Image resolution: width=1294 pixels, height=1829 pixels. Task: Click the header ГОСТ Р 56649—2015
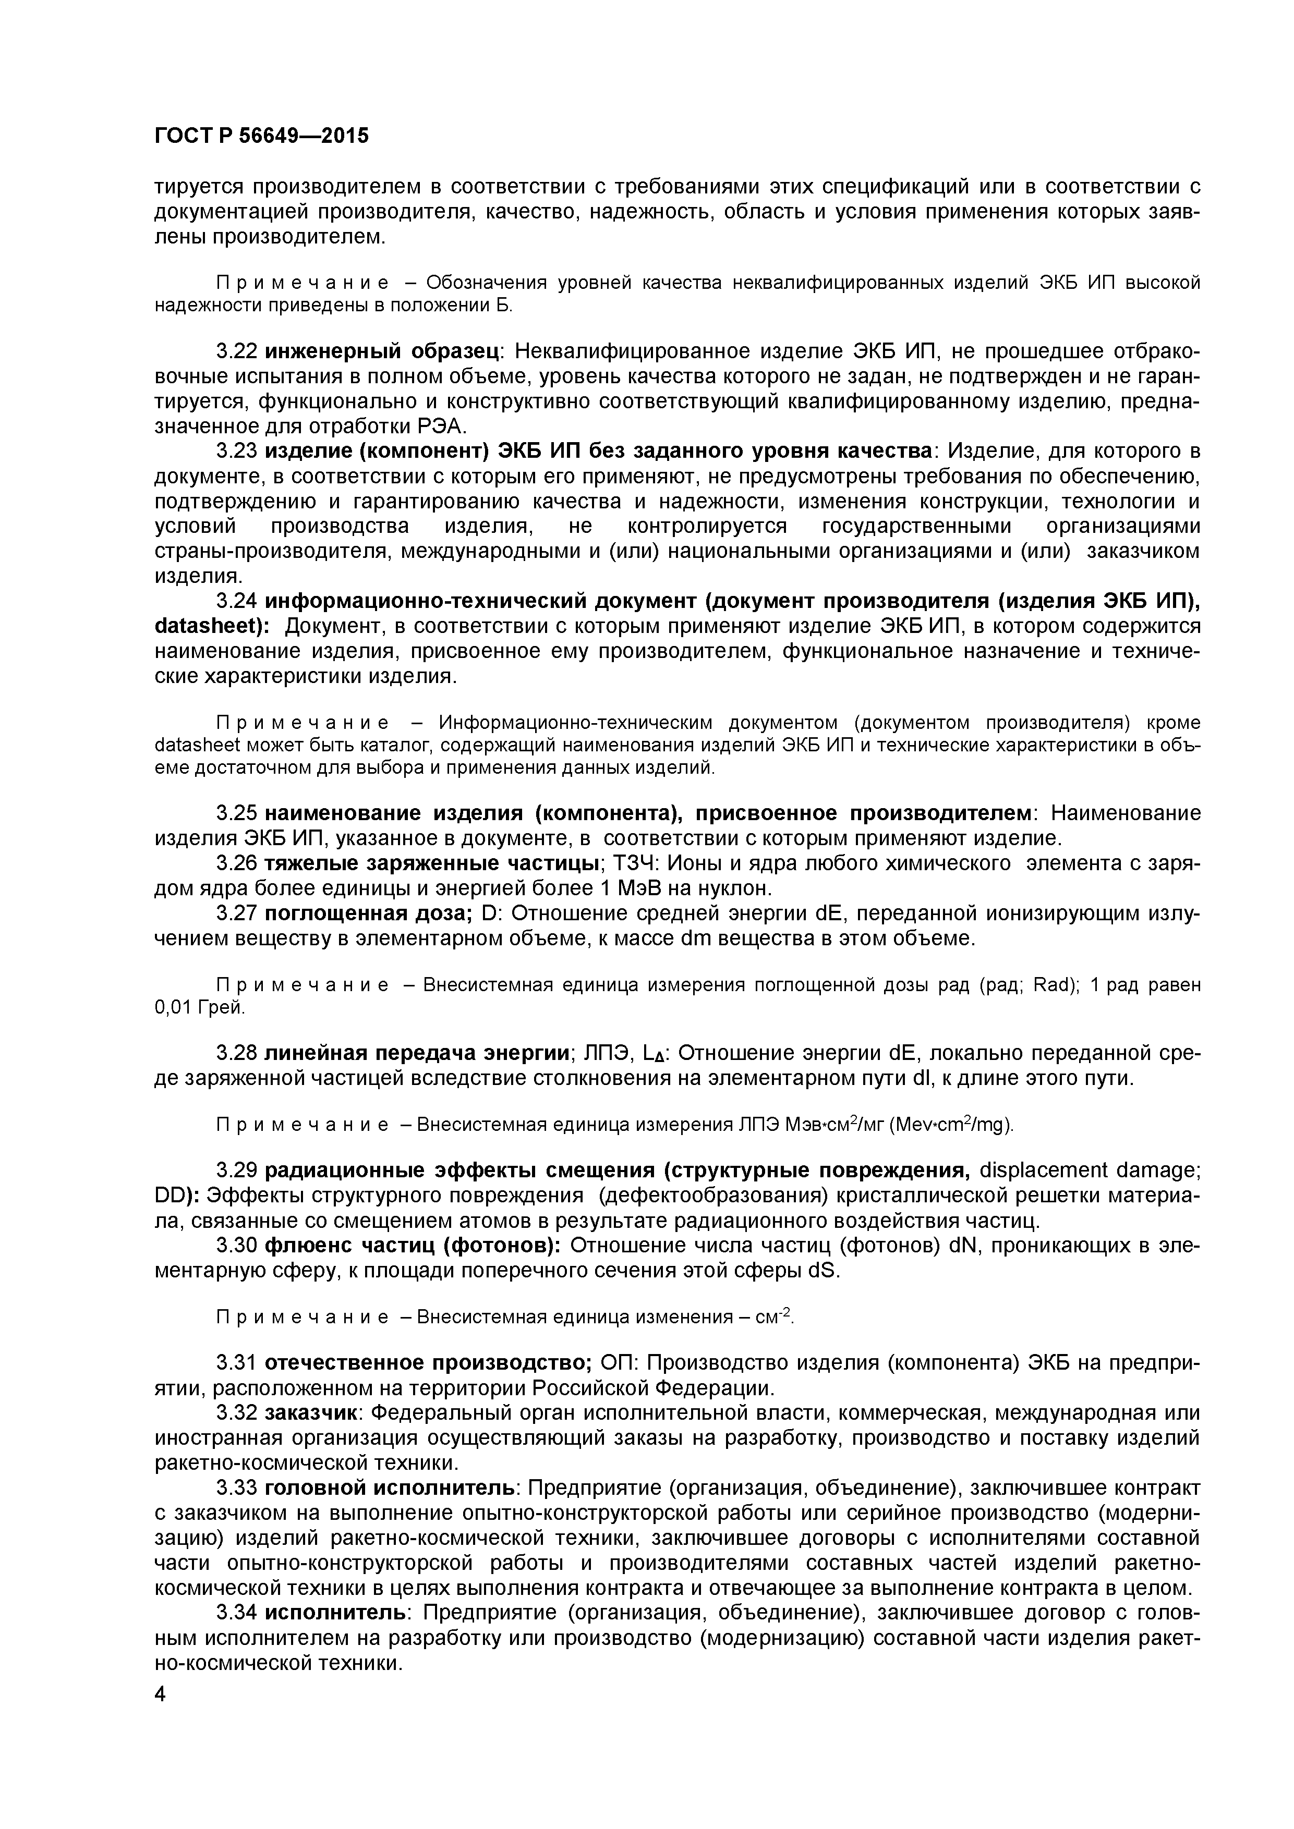click(x=261, y=136)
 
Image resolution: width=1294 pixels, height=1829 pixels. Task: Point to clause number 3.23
click(x=236, y=451)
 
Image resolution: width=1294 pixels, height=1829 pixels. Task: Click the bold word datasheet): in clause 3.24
click(x=212, y=626)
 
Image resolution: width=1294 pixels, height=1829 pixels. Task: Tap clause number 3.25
click(x=236, y=813)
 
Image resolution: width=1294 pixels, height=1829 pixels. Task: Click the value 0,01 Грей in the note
click(x=198, y=1008)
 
